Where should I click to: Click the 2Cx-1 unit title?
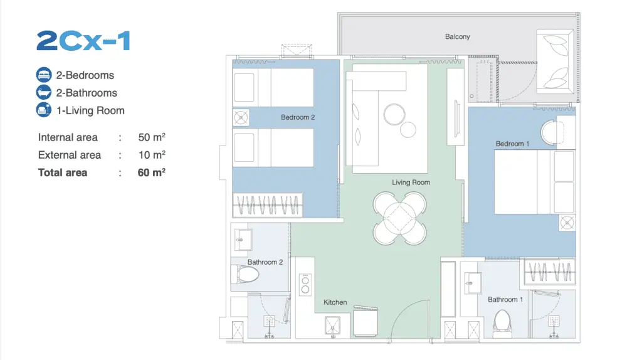point(83,41)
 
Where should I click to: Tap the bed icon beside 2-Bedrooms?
point(44,75)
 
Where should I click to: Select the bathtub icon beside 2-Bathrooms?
point(44,93)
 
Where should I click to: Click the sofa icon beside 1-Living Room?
point(44,110)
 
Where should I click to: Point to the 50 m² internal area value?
point(152,137)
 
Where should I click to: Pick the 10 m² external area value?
point(152,155)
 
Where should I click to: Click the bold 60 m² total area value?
point(152,172)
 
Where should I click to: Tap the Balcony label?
point(457,36)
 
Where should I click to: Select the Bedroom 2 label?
point(298,117)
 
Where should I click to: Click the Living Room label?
point(411,183)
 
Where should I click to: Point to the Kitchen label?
point(335,302)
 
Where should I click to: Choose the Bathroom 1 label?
point(505,299)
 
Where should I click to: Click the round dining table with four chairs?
point(399,218)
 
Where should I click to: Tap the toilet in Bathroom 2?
point(245,275)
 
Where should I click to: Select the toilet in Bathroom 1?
point(502,324)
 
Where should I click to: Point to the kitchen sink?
point(332,326)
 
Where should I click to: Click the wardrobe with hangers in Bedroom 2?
point(267,205)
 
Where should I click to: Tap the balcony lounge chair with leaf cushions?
point(555,61)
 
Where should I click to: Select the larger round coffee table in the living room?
point(394,115)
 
